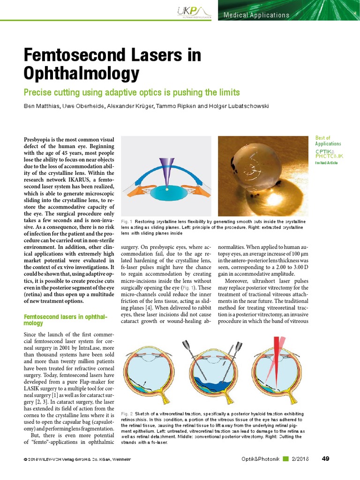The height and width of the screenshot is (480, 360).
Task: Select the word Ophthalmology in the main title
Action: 82,74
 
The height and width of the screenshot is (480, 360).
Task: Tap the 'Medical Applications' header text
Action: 256,15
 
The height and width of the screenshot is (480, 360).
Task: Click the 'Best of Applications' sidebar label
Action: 328,141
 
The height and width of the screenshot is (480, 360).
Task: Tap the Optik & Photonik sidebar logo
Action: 329,153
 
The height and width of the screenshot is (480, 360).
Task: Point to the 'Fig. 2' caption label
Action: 127,414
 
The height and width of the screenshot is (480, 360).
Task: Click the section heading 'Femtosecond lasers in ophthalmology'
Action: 66,320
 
